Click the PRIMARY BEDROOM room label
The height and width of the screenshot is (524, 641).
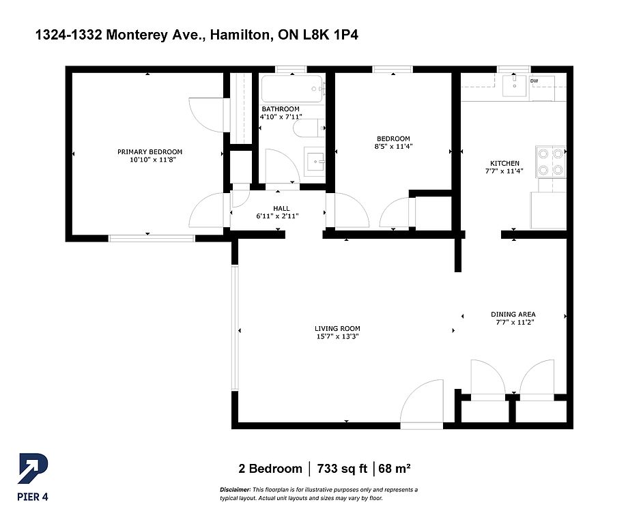tap(149, 152)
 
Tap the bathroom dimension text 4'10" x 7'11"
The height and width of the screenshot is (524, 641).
tap(281, 117)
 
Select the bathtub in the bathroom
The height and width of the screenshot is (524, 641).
tap(292, 89)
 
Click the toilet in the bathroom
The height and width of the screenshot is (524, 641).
tap(309, 128)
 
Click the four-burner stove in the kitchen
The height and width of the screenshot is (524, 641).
tap(550, 162)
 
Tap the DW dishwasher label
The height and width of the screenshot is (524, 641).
tap(535, 81)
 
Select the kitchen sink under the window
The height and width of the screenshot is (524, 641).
tap(514, 85)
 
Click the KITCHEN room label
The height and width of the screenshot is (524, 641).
tap(505, 164)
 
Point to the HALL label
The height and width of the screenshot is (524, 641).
tap(281, 209)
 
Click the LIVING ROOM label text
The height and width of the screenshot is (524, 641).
tap(337, 329)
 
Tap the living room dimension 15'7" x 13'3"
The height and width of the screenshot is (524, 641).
tap(337, 337)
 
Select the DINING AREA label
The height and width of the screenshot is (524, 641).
tap(513, 315)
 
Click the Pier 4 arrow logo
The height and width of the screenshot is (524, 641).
tap(33, 469)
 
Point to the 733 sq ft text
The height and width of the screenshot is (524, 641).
tap(342, 469)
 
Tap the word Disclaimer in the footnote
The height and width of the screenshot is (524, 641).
tap(235, 490)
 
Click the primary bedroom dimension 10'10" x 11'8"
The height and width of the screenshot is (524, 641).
tap(149, 160)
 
